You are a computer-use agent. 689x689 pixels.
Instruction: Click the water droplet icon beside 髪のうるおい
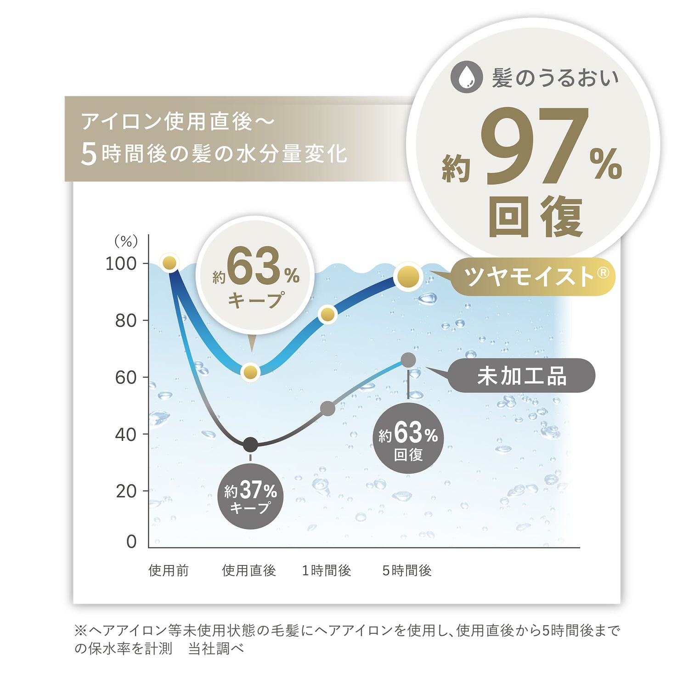tap(467, 77)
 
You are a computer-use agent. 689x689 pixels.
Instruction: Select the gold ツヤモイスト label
tap(533, 277)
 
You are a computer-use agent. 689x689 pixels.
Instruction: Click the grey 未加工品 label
tap(522, 376)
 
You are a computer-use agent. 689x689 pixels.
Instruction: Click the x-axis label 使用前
tap(169, 570)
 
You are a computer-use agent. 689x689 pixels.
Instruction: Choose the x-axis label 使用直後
tap(249, 570)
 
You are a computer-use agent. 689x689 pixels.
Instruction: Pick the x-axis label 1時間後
tap(327, 570)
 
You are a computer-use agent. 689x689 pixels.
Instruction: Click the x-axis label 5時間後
tap(407, 570)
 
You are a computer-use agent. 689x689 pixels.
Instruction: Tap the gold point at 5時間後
tap(408, 277)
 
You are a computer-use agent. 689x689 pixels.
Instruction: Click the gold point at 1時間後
tap(328, 315)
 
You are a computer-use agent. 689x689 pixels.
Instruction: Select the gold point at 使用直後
tap(250, 372)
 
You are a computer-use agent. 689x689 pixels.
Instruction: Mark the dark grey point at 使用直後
tap(250, 445)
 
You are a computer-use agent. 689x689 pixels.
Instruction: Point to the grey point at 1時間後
tap(328, 408)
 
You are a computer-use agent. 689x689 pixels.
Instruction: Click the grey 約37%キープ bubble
tap(250, 497)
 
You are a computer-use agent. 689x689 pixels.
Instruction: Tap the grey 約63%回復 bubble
tap(408, 439)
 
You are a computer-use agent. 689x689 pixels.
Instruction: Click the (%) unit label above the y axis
tap(126, 241)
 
